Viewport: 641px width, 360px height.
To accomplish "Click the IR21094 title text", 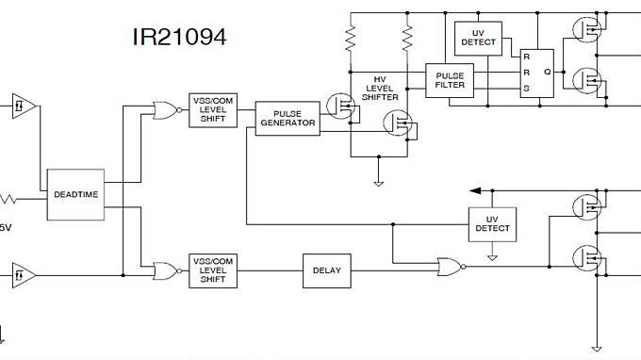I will [179, 37].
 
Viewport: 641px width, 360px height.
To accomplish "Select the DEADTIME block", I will [76, 194].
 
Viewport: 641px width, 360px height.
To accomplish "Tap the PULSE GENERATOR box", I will [288, 117].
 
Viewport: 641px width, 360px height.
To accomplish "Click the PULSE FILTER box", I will [450, 78].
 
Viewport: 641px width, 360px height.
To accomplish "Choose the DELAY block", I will [326, 270].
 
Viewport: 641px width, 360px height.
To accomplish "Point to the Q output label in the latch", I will [547, 73].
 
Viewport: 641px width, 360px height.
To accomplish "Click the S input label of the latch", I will [527, 90].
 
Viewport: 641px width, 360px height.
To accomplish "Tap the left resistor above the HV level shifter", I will [351, 39].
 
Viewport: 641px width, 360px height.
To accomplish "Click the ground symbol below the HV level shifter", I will [379, 183].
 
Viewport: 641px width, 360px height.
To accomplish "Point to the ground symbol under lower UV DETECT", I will [492, 255].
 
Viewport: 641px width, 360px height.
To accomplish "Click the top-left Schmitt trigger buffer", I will [25, 106].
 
